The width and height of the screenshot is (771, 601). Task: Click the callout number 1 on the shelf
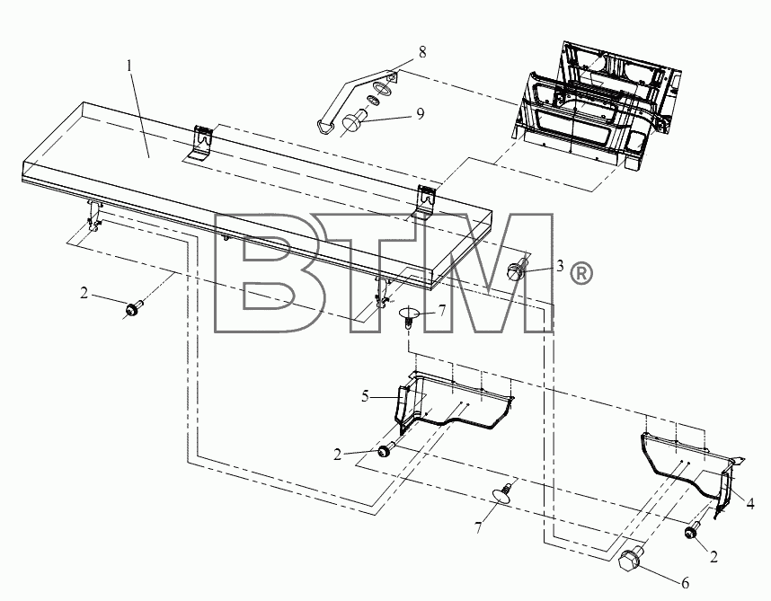point(129,66)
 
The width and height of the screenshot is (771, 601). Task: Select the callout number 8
point(422,51)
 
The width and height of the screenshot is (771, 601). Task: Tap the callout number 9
point(420,113)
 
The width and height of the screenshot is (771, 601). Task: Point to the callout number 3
point(560,266)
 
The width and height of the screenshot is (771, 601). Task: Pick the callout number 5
point(365,396)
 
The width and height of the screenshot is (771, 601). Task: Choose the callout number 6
point(685,583)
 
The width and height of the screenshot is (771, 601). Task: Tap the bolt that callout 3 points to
point(516,270)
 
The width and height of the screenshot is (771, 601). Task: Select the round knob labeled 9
point(352,121)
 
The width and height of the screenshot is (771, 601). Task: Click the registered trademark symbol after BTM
point(580,274)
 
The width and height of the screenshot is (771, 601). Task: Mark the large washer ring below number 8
point(383,89)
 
